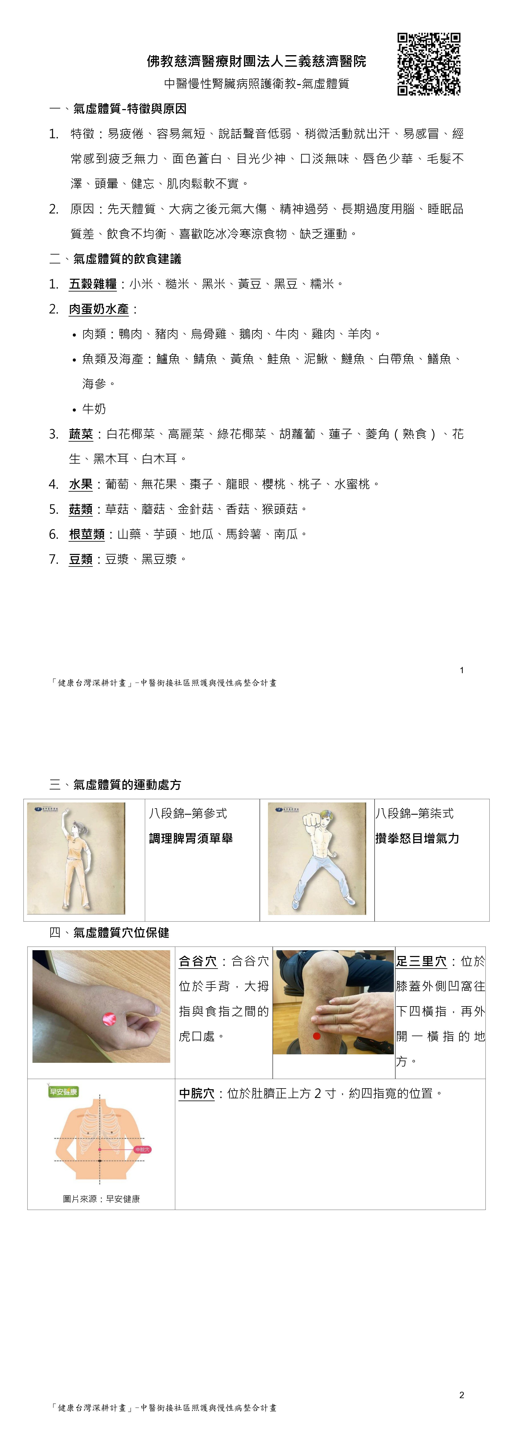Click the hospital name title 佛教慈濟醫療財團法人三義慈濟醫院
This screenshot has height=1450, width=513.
[x=256, y=61]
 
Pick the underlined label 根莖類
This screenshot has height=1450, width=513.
[x=87, y=534]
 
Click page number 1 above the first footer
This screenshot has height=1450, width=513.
[x=462, y=670]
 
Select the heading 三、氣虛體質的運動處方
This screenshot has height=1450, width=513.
[x=115, y=784]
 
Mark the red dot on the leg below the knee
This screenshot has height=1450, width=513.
[x=317, y=1036]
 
